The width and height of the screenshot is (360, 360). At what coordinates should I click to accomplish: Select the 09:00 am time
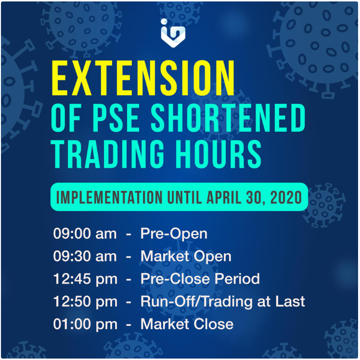pyautogui.click(x=85, y=234)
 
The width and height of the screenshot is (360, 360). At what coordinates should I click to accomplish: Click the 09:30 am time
pyautogui.click(x=85, y=257)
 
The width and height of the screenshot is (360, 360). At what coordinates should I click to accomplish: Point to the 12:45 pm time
pyautogui.click(x=85, y=279)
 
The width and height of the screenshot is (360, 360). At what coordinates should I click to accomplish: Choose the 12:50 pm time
pyautogui.click(x=85, y=302)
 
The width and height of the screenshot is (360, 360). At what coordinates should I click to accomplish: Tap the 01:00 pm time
pyautogui.click(x=85, y=324)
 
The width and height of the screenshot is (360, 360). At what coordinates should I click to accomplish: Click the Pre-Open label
pyautogui.click(x=174, y=234)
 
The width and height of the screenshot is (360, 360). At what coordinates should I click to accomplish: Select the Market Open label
pyautogui.click(x=186, y=257)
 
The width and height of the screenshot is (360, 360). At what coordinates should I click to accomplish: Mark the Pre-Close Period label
pyautogui.click(x=200, y=279)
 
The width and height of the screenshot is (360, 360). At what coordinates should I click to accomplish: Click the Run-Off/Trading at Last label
pyautogui.click(x=222, y=302)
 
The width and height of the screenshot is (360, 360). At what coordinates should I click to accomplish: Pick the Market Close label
pyautogui.click(x=187, y=324)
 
